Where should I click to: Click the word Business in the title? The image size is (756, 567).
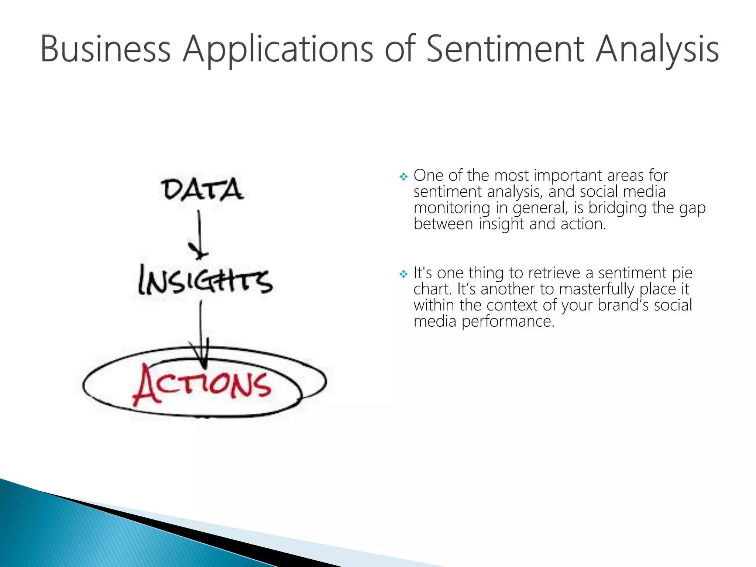(105, 49)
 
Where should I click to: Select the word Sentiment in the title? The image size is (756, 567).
(505, 49)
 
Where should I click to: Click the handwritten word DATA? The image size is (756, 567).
(202, 189)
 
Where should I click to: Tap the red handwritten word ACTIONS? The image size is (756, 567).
(202, 385)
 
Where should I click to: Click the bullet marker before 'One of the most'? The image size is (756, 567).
(403, 177)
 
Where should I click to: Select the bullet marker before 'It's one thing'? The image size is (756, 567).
(403, 274)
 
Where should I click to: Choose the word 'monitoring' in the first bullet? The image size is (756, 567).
(452, 208)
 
